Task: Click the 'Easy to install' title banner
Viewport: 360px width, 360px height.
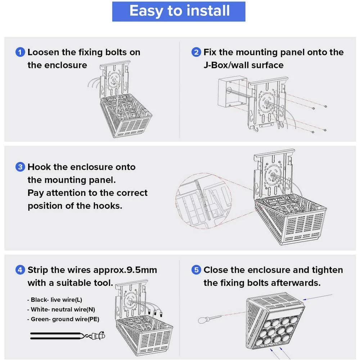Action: [x=179, y=11]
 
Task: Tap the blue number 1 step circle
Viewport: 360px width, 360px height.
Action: [x=20, y=52]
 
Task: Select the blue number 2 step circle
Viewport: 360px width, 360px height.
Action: [x=196, y=52]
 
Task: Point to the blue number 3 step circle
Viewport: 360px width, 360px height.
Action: [x=20, y=167]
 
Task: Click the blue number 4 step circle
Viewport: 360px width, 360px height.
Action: [x=20, y=270]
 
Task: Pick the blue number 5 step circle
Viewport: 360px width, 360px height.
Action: [x=196, y=270]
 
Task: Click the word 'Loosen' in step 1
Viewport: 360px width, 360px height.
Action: [x=43, y=52]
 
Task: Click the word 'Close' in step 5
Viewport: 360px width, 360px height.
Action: [x=217, y=270]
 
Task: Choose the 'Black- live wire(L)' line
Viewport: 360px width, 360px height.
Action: [x=56, y=300]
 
